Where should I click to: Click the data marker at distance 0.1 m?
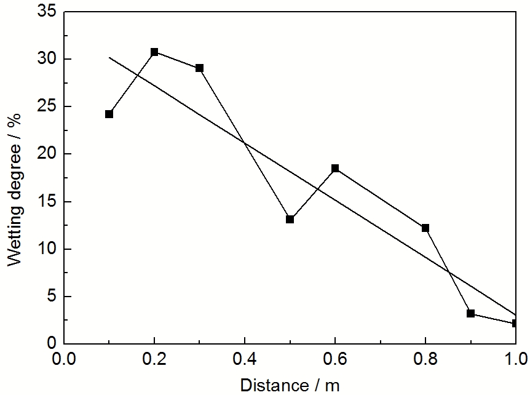pos(109,114)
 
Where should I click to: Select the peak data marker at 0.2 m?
pos(154,52)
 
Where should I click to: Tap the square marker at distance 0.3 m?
pos(199,68)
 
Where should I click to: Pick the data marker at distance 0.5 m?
pos(290,219)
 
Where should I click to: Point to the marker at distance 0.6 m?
pos(335,168)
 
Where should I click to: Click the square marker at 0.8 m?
pos(425,228)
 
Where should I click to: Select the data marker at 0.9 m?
pos(470,313)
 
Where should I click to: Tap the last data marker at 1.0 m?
pos(515,322)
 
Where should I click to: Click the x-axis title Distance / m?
pos(289,385)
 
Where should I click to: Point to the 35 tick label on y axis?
pos(46,12)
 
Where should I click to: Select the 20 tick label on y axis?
pos(46,154)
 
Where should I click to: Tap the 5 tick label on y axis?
pos(50,297)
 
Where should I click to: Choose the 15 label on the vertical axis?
pos(46,202)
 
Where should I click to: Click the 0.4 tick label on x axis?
pos(245,359)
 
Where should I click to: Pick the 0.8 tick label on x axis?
pos(425,359)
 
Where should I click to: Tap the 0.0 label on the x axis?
pos(64,359)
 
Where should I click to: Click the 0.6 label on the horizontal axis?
pos(335,359)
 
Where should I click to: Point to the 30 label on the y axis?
pos(46,59)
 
